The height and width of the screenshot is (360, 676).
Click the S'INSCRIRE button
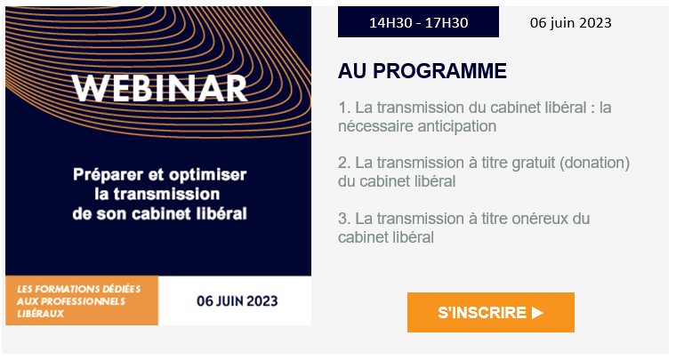coord(491,312)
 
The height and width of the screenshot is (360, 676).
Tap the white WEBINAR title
coord(159,89)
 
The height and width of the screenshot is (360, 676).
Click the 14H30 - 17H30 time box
coord(418,22)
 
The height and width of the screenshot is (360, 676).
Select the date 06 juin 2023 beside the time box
coord(570,22)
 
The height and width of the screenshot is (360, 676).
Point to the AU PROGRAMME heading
coord(422,71)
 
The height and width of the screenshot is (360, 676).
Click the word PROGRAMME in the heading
coord(439,71)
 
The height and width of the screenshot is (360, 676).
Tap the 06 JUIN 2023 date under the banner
coord(237,301)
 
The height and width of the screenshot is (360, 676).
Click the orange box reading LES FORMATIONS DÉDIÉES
coord(82,300)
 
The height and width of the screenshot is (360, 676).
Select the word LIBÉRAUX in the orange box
coord(41,314)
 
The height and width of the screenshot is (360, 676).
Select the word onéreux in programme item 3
coord(540,219)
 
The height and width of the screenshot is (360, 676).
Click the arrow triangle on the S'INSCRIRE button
coord(537,313)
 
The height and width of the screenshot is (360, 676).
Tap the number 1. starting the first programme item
coord(344,108)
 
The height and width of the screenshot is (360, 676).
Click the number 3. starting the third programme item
coord(344,219)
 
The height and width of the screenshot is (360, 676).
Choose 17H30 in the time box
coord(447,22)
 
